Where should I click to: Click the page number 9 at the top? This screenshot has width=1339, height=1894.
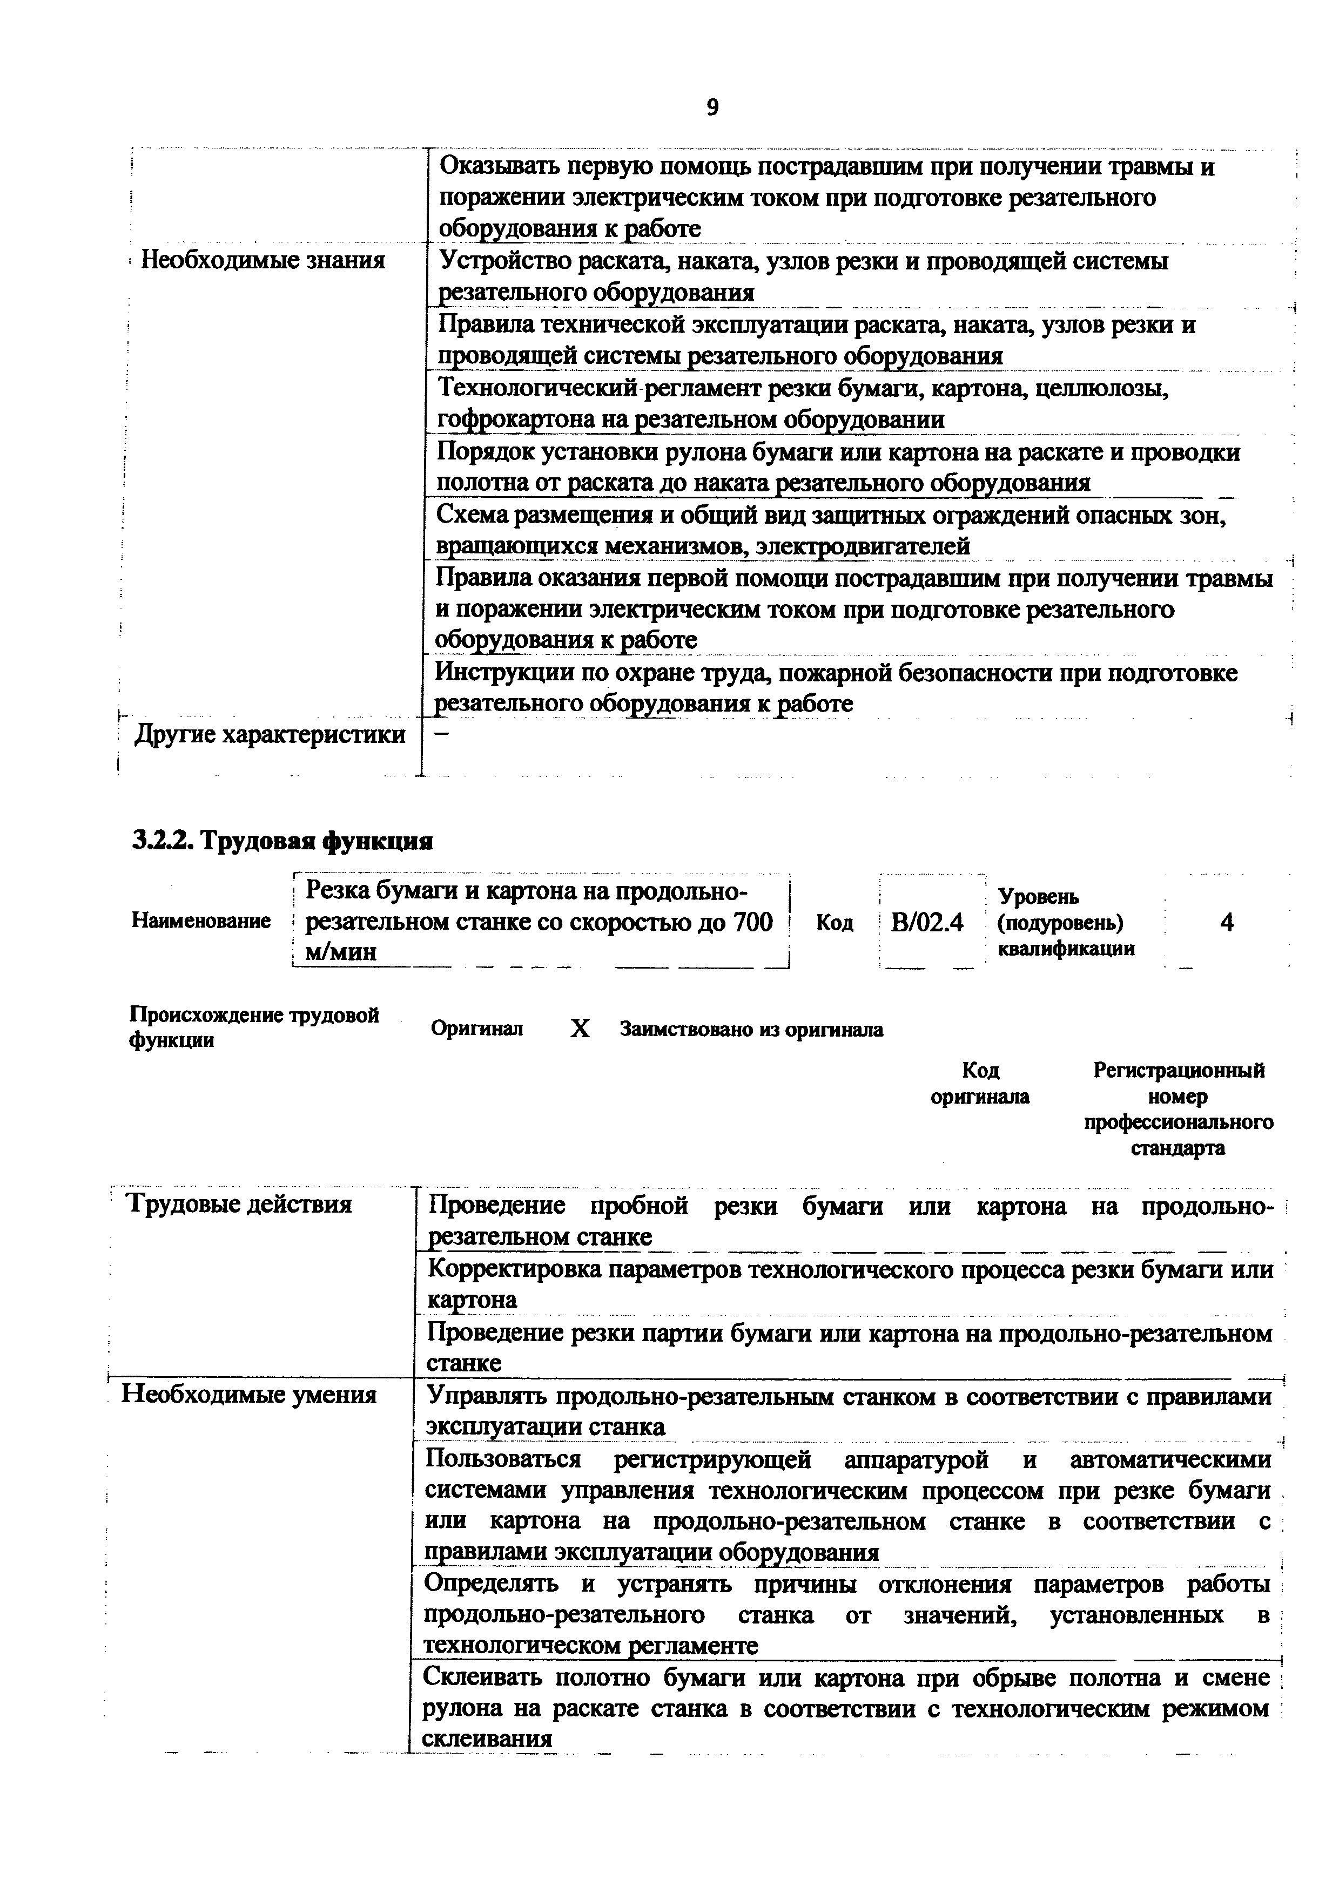pos(713,107)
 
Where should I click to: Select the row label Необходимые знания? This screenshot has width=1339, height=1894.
pos(263,261)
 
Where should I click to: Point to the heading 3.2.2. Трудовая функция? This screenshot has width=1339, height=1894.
pos(282,841)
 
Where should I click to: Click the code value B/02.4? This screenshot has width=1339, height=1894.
pos(927,922)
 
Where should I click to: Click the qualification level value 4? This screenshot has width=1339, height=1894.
pos(1227,922)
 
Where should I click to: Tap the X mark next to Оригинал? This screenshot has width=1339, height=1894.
pos(580,1029)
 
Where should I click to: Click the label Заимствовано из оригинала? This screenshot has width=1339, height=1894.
pos(751,1030)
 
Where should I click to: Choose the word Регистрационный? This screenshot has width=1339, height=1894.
pos(1178,1071)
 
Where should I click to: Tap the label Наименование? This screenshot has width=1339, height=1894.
pos(200,922)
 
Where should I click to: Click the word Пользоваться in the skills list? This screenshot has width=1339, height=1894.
pos(502,1459)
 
